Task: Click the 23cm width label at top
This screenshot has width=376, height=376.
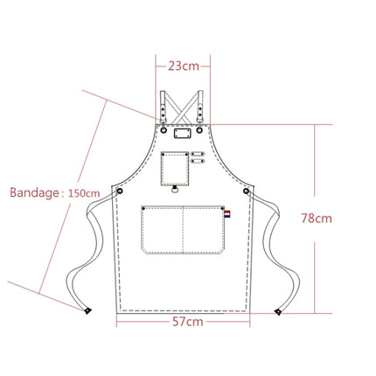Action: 183,66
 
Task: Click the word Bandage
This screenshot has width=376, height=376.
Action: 33,192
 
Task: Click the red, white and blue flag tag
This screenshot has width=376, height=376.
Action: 226,215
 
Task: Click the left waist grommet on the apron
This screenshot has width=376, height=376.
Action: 121,190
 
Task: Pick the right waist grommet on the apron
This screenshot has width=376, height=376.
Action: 246,190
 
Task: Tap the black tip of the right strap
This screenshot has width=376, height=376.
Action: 280,309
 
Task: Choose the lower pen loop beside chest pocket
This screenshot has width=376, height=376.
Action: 197,162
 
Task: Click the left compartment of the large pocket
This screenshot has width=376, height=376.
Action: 161,229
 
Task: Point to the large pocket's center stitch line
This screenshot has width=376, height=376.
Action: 181,229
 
